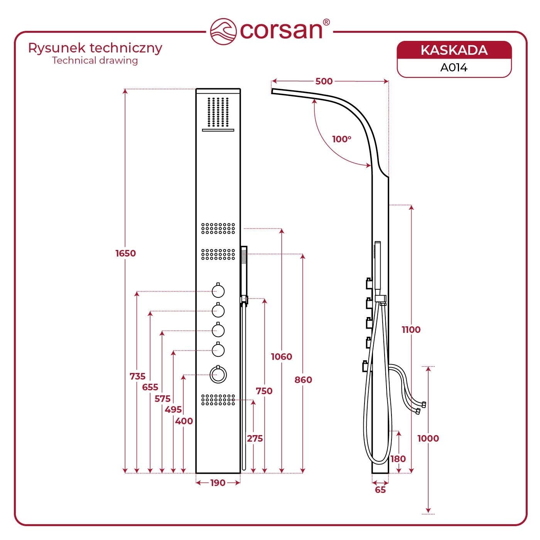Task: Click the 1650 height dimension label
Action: point(126,253)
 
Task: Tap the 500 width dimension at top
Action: point(324,81)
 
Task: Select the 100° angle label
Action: point(342,139)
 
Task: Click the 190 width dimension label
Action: point(218,483)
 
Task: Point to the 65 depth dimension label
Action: point(380,490)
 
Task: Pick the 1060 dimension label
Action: point(282,357)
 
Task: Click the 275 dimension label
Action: point(255,439)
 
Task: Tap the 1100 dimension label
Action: point(411,330)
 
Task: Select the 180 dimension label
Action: point(398,459)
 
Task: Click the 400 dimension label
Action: point(184,421)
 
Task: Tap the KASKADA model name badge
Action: point(454,51)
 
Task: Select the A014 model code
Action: point(454,68)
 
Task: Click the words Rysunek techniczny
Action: point(95,48)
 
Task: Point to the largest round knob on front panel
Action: point(218,374)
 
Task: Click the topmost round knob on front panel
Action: point(218,291)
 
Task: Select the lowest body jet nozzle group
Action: point(218,400)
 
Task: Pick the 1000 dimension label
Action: point(428,439)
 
